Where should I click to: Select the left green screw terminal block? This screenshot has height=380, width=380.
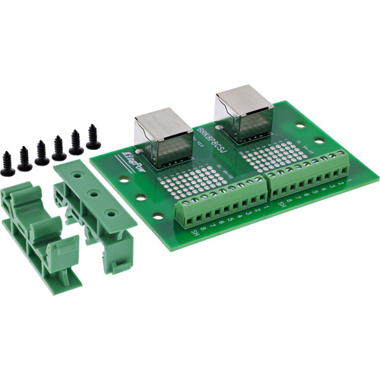click(x=221, y=203)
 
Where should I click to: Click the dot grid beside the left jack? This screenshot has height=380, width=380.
click(x=199, y=179)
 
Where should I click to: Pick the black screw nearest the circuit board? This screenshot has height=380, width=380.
click(x=93, y=137)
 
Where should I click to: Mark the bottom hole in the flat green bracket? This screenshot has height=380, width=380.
click(x=112, y=214)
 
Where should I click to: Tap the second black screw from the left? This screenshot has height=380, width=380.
click(x=24, y=156)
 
